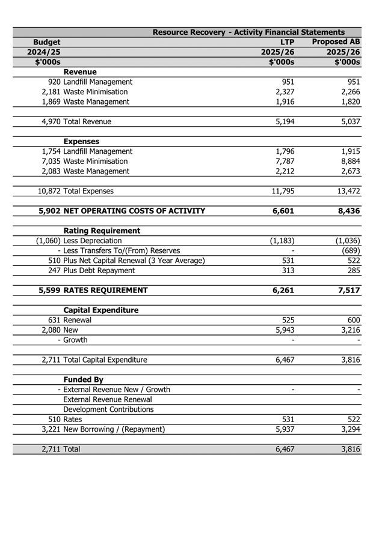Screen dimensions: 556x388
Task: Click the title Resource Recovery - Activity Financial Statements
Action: (x=248, y=32)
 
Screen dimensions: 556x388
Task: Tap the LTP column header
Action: (x=287, y=42)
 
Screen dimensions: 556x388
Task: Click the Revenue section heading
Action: (x=80, y=72)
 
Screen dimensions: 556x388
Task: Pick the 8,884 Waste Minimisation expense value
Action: (x=348, y=161)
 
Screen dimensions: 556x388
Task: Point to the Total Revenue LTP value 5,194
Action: (x=282, y=121)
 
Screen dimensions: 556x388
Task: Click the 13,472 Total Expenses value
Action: (x=345, y=191)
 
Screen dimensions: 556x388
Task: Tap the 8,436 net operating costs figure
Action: (x=347, y=211)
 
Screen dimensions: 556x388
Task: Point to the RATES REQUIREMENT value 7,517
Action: (x=347, y=290)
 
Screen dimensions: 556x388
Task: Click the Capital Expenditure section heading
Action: (x=100, y=310)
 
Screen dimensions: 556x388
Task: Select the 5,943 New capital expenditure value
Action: (x=282, y=330)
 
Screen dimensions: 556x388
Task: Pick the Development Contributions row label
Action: (x=108, y=409)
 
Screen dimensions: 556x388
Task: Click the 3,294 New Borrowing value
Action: (x=348, y=429)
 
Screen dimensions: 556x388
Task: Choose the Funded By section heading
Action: (x=83, y=379)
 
